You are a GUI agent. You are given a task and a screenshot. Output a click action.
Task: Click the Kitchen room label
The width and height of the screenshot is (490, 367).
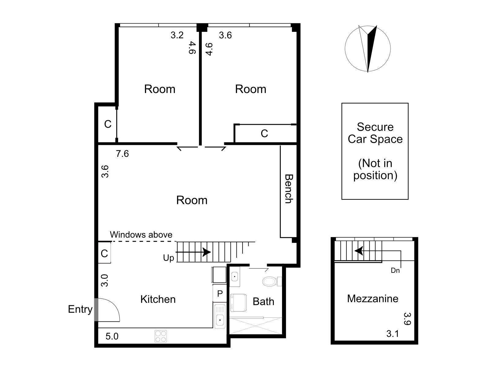click(158, 299)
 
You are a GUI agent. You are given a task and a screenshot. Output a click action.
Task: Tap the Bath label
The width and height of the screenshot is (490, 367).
click(263, 302)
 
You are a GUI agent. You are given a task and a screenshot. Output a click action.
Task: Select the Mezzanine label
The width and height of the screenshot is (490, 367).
click(373, 298)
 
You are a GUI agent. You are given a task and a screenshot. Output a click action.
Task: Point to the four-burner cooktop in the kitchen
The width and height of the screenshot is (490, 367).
click(161, 336)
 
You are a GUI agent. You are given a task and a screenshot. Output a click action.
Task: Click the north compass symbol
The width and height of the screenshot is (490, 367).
click(368, 49)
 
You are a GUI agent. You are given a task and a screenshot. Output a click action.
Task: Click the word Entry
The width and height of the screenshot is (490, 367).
click(80, 309)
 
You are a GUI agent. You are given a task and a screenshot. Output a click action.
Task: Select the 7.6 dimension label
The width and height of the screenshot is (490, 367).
click(122, 154)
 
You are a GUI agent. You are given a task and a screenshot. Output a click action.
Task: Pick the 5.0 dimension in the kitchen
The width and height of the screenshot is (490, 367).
click(112, 336)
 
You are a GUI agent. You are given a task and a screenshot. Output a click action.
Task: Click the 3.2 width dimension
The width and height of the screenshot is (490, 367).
click(177, 35)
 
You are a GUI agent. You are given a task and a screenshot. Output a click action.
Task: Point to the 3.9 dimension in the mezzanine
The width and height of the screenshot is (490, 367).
click(408, 319)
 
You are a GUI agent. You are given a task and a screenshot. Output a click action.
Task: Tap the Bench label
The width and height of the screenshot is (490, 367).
click(289, 189)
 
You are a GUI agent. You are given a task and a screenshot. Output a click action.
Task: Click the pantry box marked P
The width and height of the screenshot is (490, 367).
click(220, 294)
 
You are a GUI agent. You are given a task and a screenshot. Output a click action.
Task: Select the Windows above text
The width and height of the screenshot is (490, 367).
click(141, 235)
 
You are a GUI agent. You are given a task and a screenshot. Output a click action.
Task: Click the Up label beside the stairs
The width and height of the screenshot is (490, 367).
click(168, 258)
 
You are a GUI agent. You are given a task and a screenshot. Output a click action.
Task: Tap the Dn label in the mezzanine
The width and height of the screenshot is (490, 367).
click(395, 271)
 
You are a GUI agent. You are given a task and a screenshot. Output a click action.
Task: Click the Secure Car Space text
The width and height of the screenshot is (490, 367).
click(375, 133)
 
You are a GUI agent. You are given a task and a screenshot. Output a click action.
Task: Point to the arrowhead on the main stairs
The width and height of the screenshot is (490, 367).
click(207, 252)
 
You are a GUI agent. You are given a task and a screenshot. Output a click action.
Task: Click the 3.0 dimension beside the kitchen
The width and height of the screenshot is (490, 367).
click(104, 280)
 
